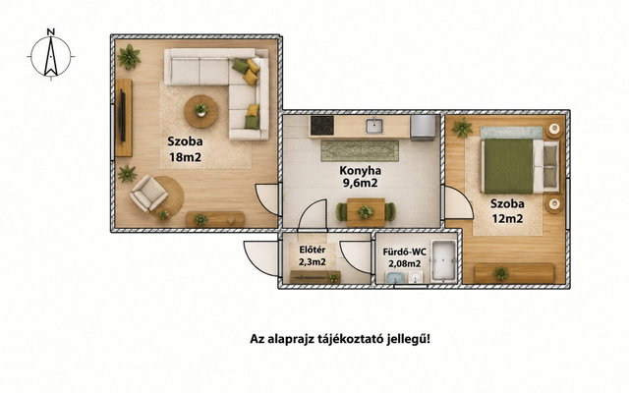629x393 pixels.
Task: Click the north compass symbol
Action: pos(51,56)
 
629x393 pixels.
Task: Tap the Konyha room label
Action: pos(361,170)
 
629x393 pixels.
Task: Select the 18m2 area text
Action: pos(185,157)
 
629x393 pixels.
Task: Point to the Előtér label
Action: pos(313,250)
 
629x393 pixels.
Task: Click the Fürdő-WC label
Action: pos(404,253)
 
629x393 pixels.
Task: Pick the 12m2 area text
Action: pos(507,219)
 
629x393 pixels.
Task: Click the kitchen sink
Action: pos(374,126)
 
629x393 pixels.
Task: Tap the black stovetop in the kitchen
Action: pos(321,125)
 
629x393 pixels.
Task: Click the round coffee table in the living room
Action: pos(200,111)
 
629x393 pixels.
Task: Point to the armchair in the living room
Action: pos(148,194)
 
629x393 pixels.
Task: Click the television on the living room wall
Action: pos(122,116)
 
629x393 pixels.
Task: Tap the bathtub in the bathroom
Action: pos(443,260)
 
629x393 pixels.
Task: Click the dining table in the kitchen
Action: pos(366,212)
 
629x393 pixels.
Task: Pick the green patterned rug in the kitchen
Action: pos(360,150)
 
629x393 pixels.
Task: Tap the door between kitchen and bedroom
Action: pos(457,203)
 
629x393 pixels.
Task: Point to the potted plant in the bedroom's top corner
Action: pos(462,128)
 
